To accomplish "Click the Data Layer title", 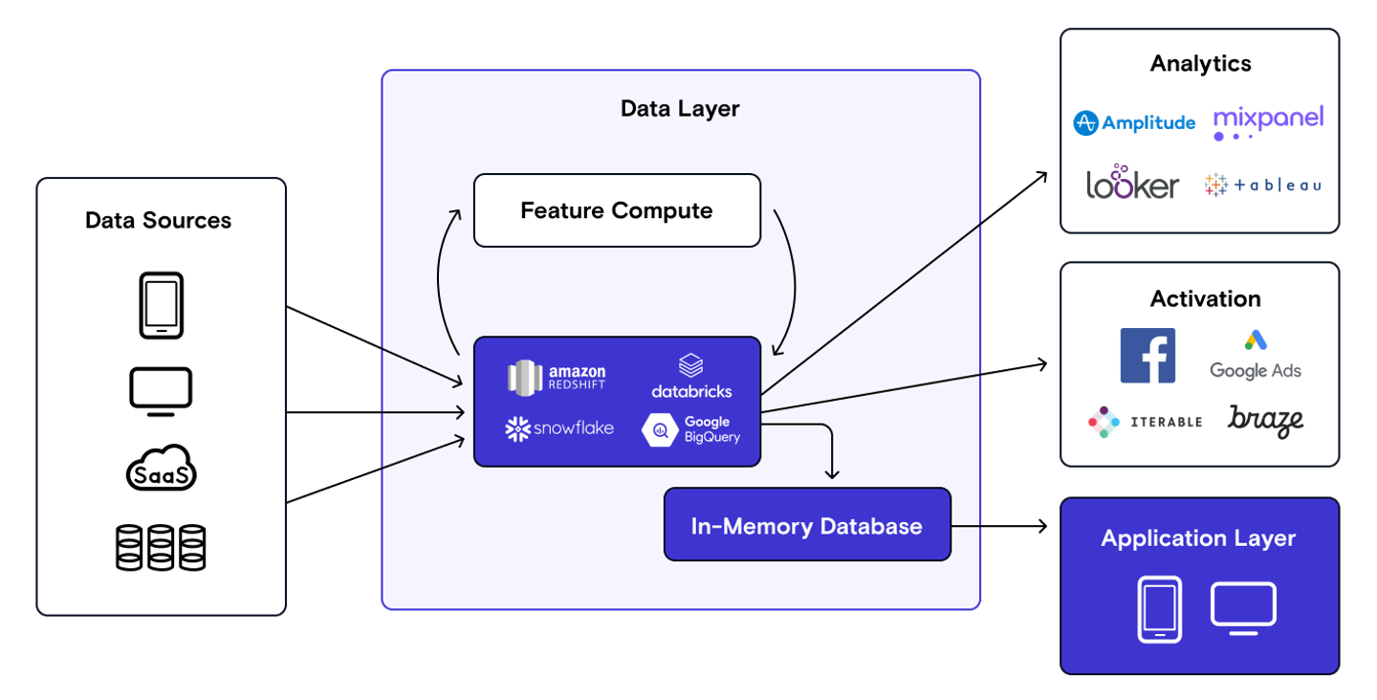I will (x=680, y=109).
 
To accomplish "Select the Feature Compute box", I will (x=617, y=210).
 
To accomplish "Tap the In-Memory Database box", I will (x=807, y=525).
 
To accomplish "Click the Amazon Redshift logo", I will (x=557, y=378).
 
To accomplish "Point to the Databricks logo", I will (x=691, y=377).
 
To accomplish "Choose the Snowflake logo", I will (x=559, y=428).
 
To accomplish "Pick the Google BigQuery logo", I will (x=690, y=429).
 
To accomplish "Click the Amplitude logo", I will (x=1134, y=122).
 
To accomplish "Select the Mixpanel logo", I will (x=1268, y=121).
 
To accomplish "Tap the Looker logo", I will (x=1132, y=184).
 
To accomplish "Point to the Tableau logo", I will (x=1263, y=185).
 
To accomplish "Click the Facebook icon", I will (x=1147, y=356).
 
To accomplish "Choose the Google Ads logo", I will (x=1256, y=355).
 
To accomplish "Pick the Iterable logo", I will (x=1145, y=422).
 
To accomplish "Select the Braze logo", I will (x=1265, y=421).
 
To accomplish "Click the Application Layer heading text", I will (x=1198, y=538).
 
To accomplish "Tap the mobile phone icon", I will (x=1159, y=608).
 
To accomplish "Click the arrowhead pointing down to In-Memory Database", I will (x=832, y=471).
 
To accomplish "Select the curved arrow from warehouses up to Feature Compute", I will (x=439, y=277).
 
